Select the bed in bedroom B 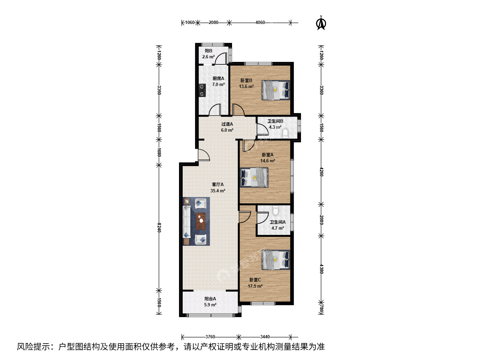point(276,90)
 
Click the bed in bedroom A point(254,177)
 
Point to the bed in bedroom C point(276,260)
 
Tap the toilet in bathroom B point(285,133)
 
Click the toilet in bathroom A point(276,210)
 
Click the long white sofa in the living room point(187,221)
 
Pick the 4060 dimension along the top point(260,23)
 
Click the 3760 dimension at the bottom point(210,337)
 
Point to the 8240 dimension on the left point(159,228)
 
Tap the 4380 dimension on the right point(321,269)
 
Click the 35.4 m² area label point(218,191)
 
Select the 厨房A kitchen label point(218,78)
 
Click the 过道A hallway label point(227,124)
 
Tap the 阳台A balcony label point(210,299)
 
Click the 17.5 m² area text point(255,286)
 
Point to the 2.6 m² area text point(208,57)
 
